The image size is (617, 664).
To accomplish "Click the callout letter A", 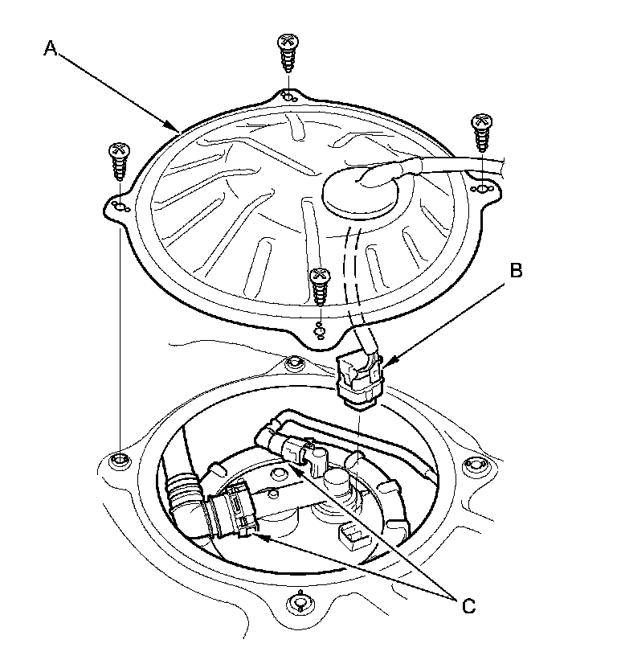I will [x=50, y=49].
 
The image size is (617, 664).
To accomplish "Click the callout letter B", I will [x=517, y=271].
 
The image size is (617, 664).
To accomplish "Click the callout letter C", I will [x=468, y=605].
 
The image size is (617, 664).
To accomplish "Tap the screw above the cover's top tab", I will [x=287, y=53].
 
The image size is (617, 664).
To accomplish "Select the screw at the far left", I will [x=119, y=162].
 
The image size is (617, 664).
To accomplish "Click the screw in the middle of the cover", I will [x=320, y=285].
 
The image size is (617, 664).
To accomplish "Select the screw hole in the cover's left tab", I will [x=121, y=207].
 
